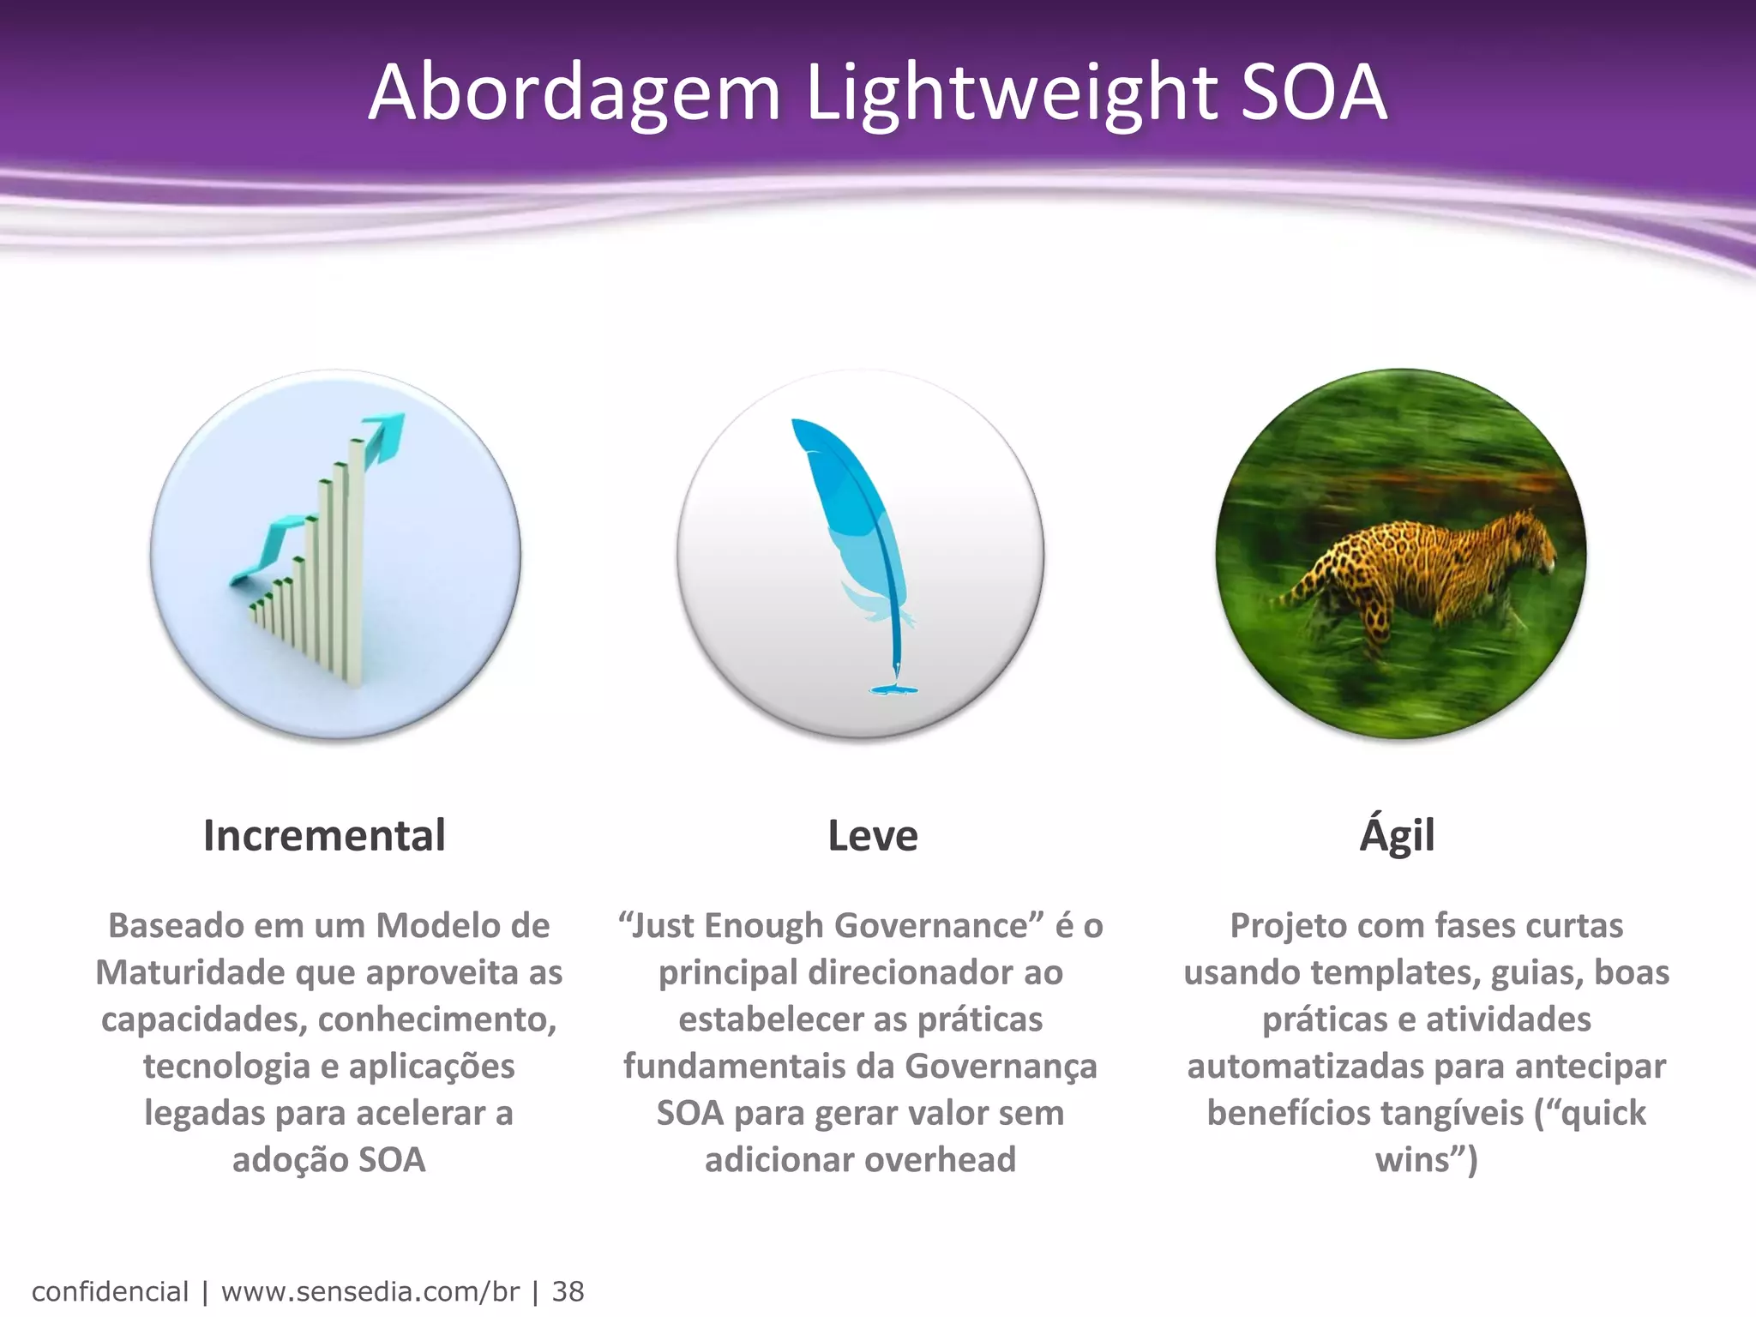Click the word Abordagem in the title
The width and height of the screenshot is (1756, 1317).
pyautogui.click(x=574, y=93)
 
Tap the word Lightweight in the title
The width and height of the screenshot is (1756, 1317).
pyautogui.click(x=1012, y=93)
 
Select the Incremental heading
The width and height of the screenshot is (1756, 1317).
pyautogui.click(x=324, y=835)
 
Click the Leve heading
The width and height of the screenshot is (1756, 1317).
pyautogui.click(x=872, y=835)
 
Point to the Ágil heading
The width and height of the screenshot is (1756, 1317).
pyautogui.click(x=1397, y=835)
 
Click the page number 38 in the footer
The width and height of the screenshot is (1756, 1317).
pyautogui.click(x=568, y=1291)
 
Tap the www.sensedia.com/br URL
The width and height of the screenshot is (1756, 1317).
pyautogui.click(x=370, y=1291)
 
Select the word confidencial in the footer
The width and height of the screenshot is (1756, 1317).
pyautogui.click(x=110, y=1291)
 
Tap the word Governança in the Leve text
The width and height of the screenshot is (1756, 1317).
pyautogui.click(x=1001, y=1066)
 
